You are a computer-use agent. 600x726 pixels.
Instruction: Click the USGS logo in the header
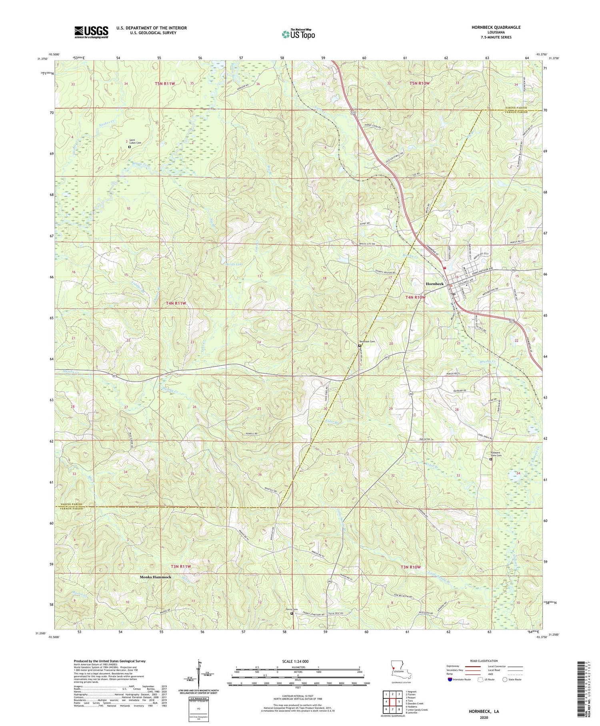coord(91,32)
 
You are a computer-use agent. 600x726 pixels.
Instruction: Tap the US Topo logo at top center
coord(298,34)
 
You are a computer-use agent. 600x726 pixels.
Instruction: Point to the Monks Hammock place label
coord(156,577)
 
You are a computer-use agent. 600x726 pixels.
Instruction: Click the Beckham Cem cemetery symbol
coord(359,346)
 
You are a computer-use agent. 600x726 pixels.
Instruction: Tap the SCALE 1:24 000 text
coord(298,662)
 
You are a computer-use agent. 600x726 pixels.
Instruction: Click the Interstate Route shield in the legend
coord(450,679)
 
